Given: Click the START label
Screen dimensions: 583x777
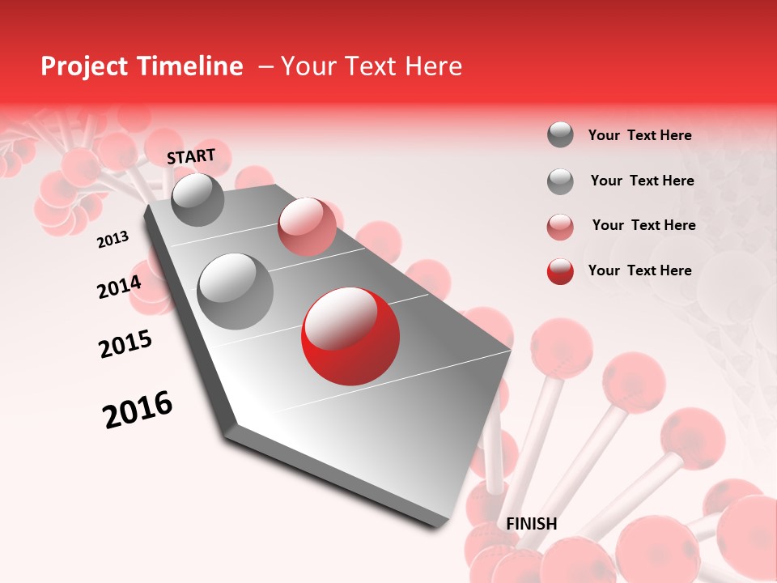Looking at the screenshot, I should [x=191, y=156].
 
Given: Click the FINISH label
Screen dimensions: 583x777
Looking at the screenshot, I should [x=531, y=524].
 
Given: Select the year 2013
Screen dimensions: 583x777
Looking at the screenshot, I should [x=113, y=240].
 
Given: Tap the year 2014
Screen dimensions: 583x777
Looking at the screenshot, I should [x=119, y=287].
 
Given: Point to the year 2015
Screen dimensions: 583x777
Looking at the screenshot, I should [x=125, y=344].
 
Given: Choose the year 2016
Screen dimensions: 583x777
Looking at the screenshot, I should [x=138, y=410].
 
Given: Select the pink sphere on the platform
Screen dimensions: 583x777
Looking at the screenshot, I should [x=306, y=226].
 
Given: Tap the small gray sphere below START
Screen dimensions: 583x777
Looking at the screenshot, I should [x=197, y=199].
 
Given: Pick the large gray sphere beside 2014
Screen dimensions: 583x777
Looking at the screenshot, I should [x=235, y=291].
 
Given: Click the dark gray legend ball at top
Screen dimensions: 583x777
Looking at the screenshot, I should [x=560, y=135].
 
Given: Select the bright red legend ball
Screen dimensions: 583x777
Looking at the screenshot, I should [x=560, y=271].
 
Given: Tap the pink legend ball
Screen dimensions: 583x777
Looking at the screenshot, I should [x=560, y=226].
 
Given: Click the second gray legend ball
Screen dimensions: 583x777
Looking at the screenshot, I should [x=560, y=181].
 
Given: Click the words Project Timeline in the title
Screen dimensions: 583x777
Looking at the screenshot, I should [x=142, y=66].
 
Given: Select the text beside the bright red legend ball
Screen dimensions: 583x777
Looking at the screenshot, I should [x=639, y=270].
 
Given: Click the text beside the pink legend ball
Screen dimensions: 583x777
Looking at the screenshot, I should [x=643, y=225].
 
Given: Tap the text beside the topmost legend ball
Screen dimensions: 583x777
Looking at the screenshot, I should [x=639, y=135].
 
